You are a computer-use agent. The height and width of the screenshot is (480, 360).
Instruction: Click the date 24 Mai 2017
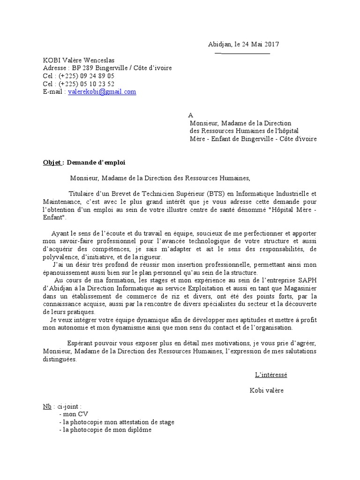tap(261, 45)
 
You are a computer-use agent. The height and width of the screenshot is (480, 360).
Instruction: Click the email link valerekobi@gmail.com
tap(102, 92)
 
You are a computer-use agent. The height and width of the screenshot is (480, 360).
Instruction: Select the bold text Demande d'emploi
tap(97, 162)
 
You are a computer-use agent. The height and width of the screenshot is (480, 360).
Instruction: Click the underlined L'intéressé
tap(271, 375)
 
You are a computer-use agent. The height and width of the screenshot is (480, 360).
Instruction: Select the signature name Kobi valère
tap(267, 390)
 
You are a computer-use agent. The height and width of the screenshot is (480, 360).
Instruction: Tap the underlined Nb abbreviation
tap(47, 406)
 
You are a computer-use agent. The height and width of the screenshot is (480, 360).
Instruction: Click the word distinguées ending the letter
tap(59, 360)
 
